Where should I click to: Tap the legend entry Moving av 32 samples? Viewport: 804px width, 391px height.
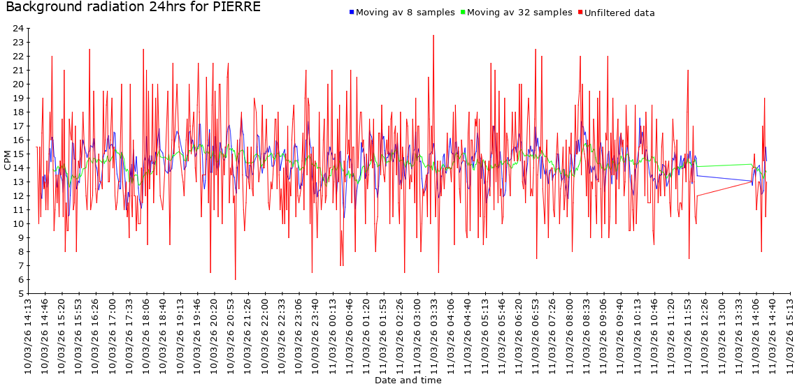tap(519, 13)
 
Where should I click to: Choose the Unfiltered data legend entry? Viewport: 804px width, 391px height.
tap(619, 13)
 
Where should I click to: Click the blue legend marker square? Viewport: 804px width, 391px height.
tap(352, 13)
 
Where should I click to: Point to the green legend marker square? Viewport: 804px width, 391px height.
tap(463, 13)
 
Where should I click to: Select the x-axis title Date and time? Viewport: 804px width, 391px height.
tap(408, 381)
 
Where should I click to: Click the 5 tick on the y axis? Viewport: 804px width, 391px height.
tap(21, 294)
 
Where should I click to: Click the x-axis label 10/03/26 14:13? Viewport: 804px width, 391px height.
tap(28, 335)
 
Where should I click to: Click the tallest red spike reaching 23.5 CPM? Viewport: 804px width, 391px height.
tap(433, 36)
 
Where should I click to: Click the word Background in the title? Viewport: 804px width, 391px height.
tap(41, 8)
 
